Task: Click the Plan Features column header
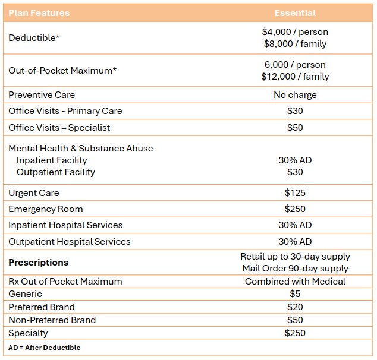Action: (39, 12)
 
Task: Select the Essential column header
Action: (295, 12)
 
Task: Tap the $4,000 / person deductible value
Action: (295, 32)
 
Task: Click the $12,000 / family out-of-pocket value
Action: (295, 77)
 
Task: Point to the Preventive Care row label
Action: (42, 95)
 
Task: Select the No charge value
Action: (295, 95)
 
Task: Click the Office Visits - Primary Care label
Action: (65, 111)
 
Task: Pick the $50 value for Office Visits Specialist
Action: (295, 128)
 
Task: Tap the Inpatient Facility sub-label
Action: (52, 160)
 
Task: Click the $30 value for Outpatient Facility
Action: (295, 172)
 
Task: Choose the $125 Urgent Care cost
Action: (295, 193)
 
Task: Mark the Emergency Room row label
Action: (46, 209)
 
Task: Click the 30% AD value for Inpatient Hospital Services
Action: (295, 225)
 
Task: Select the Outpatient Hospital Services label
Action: (70, 242)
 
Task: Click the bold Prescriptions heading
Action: (39, 263)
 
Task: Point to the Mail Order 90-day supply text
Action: (295, 269)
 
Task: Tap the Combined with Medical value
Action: (295, 282)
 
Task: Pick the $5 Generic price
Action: (295, 294)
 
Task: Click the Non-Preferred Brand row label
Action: (52, 320)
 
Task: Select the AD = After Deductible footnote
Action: (45, 348)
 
